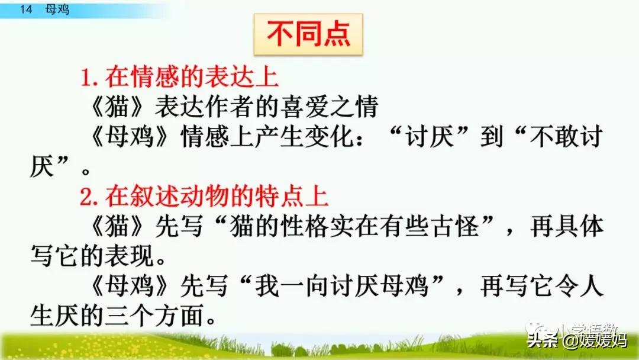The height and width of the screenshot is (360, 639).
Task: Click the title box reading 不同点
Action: [x=308, y=35]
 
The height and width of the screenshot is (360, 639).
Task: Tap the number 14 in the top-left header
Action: [x=24, y=9]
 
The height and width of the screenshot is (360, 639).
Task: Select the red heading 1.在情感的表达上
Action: [x=179, y=78]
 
